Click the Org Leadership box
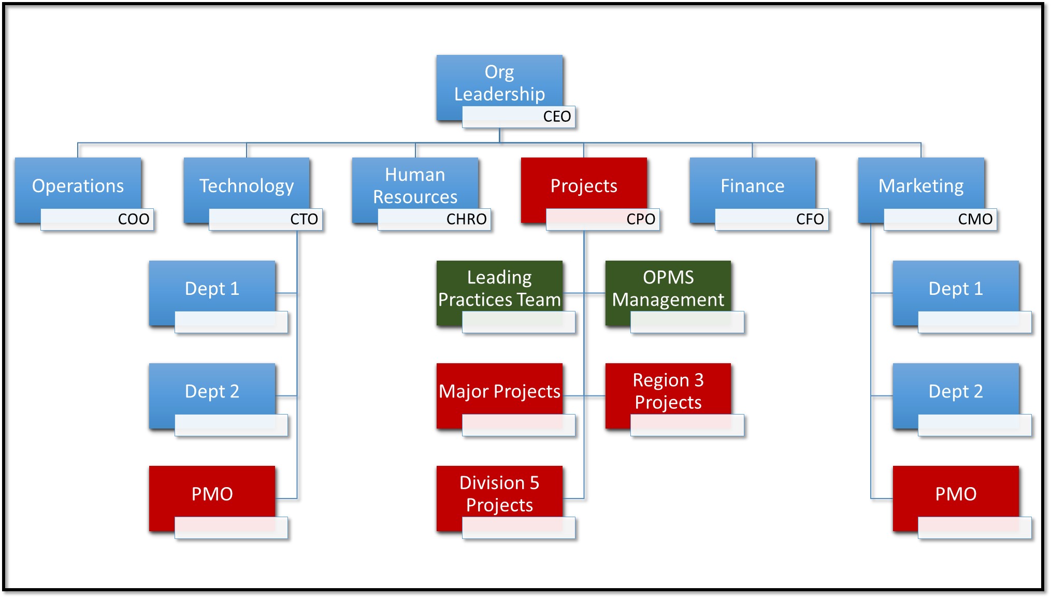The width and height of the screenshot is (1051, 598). click(499, 83)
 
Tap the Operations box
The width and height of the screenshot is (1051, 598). click(78, 186)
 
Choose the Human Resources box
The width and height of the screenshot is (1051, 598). click(415, 185)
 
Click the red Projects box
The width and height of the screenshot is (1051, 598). click(584, 185)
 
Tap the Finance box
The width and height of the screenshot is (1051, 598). click(752, 185)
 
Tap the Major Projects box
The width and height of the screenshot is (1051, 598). click(499, 391)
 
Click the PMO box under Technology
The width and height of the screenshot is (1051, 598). click(212, 493)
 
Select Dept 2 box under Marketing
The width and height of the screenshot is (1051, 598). click(955, 391)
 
